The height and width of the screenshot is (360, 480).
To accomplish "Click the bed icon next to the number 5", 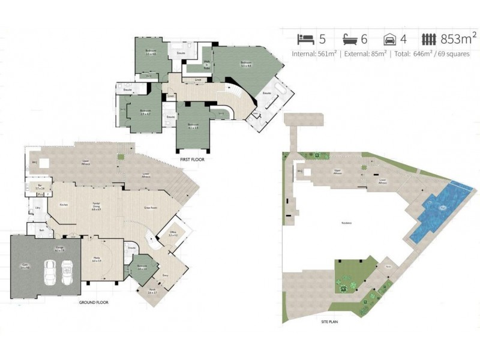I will point(306,40).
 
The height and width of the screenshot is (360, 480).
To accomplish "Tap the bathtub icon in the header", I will point(350,40).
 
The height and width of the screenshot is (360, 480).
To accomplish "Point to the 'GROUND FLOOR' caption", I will point(94,302).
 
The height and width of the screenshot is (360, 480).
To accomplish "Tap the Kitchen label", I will point(64,205).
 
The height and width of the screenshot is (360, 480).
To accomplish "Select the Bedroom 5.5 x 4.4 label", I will point(246,64).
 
